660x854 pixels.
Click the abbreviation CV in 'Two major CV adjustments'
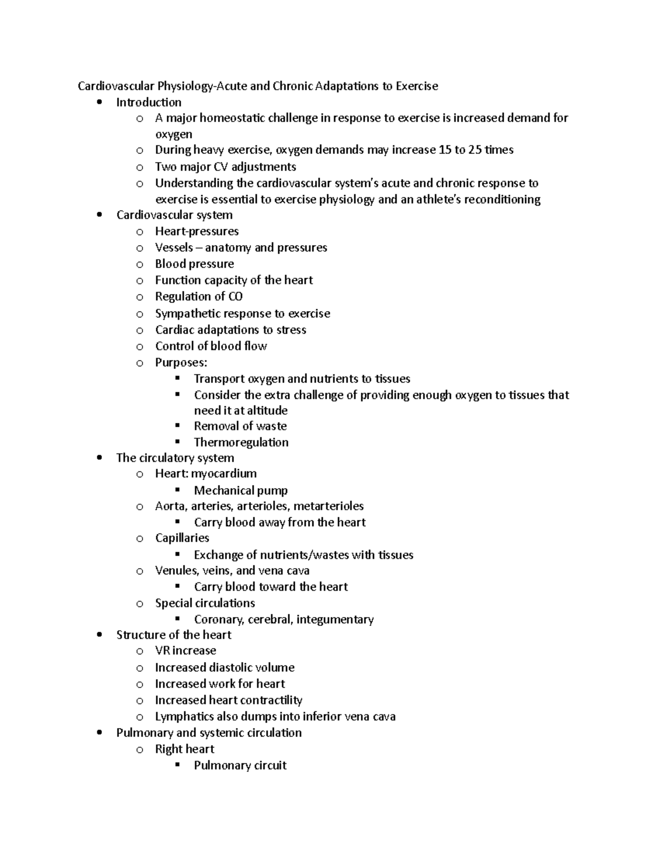click(x=220, y=166)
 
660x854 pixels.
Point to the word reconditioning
click(x=502, y=199)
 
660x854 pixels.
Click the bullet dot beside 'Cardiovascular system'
click(x=99, y=215)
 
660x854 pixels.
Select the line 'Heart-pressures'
click(x=196, y=231)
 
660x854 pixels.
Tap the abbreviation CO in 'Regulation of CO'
click(x=235, y=296)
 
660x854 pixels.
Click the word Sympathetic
click(x=187, y=313)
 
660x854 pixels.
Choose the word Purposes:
click(x=181, y=362)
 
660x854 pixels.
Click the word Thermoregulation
click(x=241, y=442)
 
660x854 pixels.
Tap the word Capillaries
click(x=182, y=538)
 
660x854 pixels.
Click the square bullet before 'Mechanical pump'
click(x=178, y=489)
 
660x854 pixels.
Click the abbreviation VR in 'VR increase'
click(x=162, y=651)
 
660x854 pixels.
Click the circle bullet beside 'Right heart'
click(x=140, y=750)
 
